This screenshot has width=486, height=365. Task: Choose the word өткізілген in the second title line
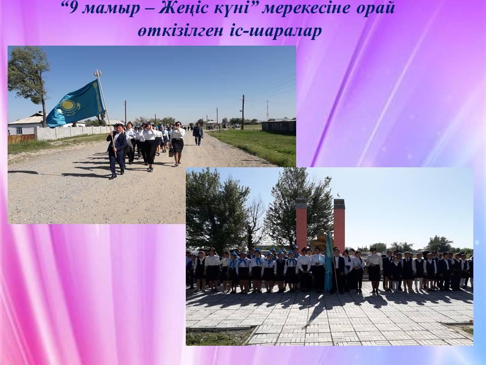point(180,31)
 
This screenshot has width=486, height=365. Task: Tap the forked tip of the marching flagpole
point(98,73)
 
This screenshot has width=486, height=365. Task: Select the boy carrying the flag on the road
point(116,151)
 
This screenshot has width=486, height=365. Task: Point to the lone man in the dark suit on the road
point(198,134)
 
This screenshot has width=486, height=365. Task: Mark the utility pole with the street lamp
point(242,112)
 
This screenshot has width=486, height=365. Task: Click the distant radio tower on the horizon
point(267,111)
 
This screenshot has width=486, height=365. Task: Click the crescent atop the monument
point(339,195)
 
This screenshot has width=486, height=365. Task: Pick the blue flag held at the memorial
point(328,266)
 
